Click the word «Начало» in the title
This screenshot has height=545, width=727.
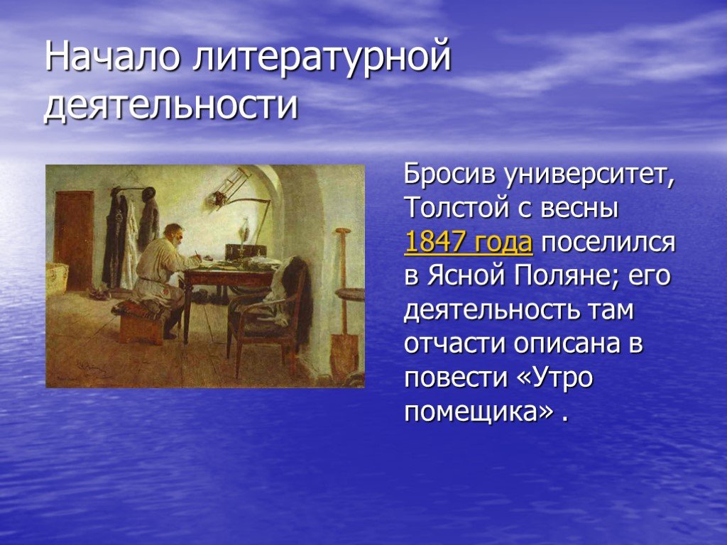pyautogui.click(x=111, y=56)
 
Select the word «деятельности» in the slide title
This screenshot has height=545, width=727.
pyautogui.click(x=170, y=105)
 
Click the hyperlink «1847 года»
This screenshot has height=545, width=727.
pyautogui.click(x=469, y=242)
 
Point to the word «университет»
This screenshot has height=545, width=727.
pyautogui.click(x=590, y=175)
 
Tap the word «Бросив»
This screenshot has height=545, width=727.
pyautogui.click(x=449, y=175)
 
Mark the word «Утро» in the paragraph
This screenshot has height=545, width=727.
pyautogui.click(x=562, y=378)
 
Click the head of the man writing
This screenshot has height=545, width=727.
pyautogui.click(x=174, y=234)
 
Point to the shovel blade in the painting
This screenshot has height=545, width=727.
pyautogui.click(x=344, y=351)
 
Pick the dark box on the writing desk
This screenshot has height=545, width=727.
pyautogui.click(x=245, y=251)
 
